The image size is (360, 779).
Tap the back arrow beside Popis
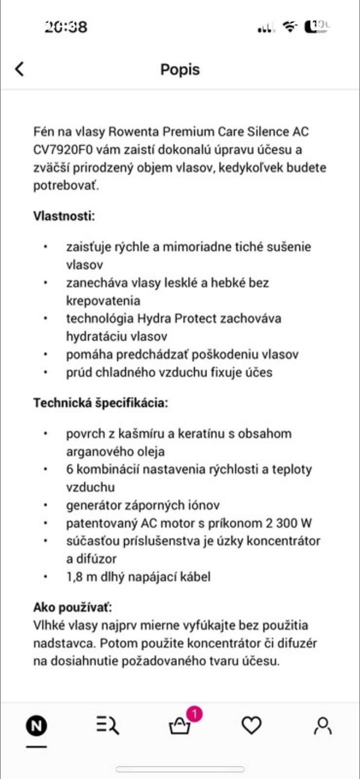pyautogui.click(x=19, y=69)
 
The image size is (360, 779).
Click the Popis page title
pyautogui.click(x=180, y=70)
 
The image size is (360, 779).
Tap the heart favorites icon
pyautogui.click(x=251, y=725)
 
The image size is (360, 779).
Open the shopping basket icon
pyautogui.click(x=179, y=727)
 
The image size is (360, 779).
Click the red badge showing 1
pyautogui.click(x=194, y=714)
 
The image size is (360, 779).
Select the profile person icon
pyautogui.click(x=322, y=725)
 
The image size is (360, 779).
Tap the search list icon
pyautogui.click(x=108, y=725)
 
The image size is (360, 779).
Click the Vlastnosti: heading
pyautogui.click(x=64, y=216)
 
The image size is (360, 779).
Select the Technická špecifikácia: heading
pyautogui.click(x=100, y=403)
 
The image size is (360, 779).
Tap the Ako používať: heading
pyautogui.click(x=72, y=607)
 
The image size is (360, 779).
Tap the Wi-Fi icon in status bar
pyautogui.click(x=290, y=26)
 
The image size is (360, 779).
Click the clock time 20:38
pyautogui.click(x=66, y=26)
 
